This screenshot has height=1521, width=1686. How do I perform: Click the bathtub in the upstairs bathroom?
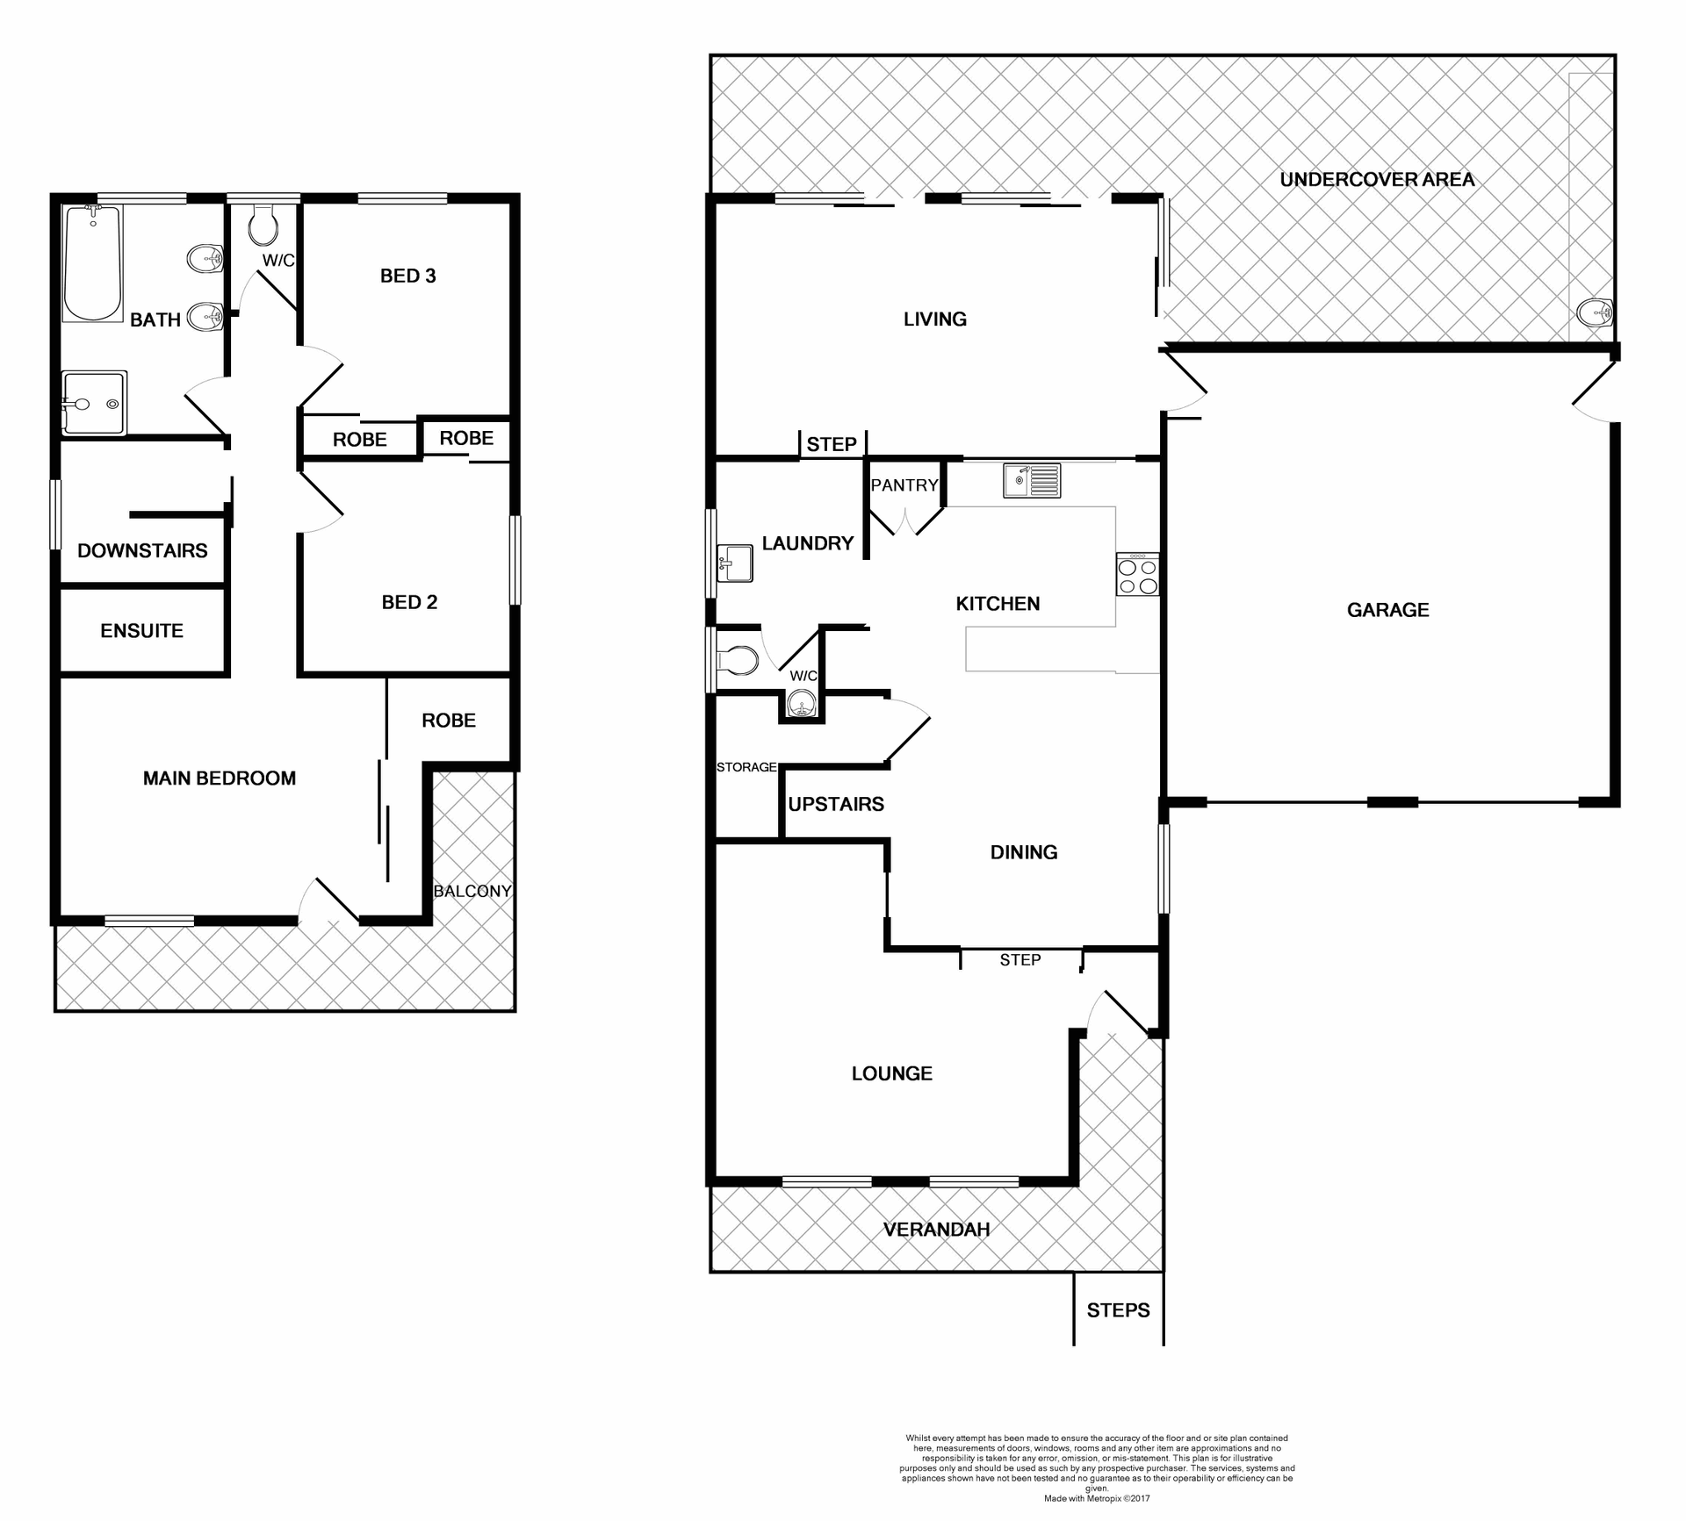[93, 262]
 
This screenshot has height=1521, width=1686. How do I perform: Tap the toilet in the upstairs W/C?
[263, 226]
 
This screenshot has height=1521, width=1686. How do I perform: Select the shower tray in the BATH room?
[94, 403]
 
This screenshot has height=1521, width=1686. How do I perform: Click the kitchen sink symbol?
[1032, 480]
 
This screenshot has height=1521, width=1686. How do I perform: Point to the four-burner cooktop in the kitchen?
[1137, 575]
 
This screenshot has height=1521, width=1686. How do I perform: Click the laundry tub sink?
[735, 563]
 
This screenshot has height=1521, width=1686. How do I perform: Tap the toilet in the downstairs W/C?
[738, 661]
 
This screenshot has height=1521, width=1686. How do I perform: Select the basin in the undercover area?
[1594, 312]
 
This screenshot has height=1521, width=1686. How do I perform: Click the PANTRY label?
[904, 485]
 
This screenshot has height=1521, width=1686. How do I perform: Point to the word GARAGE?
[1387, 610]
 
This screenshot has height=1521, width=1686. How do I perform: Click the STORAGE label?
[746, 767]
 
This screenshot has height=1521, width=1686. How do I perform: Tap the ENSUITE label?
[141, 631]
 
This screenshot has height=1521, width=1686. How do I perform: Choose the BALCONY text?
[472, 892]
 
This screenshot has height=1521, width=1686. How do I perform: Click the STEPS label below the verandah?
[1118, 1310]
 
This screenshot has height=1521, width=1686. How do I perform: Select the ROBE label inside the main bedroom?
[448, 721]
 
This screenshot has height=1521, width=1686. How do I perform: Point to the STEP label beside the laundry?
[831, 444]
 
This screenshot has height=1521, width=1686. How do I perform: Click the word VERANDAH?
[936, 1230]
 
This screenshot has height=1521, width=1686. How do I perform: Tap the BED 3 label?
[407, 276]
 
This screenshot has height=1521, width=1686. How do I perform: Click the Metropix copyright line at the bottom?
[1096, 1498]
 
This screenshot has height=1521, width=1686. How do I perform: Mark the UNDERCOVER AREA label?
[1376, 180]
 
